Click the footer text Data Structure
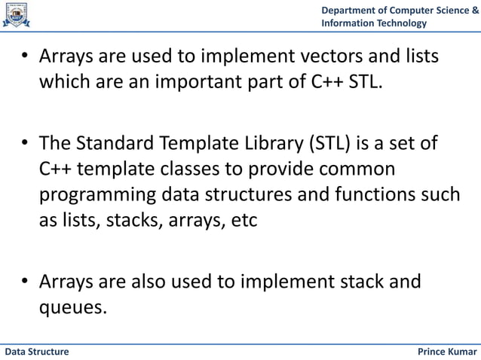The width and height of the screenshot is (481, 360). pos(37,352)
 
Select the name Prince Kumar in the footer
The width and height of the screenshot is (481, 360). pos(447,352)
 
